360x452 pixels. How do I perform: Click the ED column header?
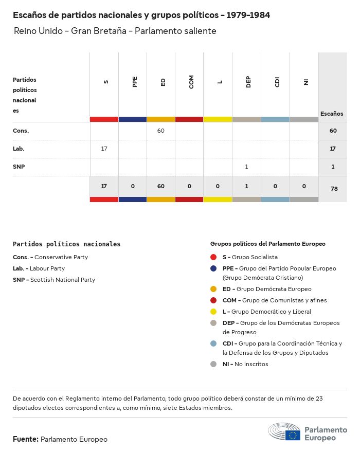point(163,82)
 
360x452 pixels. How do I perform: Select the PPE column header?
point(135,82)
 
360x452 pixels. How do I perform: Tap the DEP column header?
point(248,82)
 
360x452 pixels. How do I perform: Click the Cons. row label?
point(21,131)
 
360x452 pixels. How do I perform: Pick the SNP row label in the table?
point(19,167)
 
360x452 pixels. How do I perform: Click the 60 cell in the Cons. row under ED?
point(161,131)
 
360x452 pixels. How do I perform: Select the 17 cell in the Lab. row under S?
point(104,149)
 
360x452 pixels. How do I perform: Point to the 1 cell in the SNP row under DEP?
point(247,167)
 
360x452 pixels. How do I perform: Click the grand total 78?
point(334,189)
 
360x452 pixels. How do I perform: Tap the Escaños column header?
point(332,114)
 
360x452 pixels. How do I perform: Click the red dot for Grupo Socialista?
point(214,257)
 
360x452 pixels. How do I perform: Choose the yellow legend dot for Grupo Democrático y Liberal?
point(214,312)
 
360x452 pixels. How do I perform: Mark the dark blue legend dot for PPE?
point(214,268)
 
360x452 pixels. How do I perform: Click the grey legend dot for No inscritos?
point(214,364)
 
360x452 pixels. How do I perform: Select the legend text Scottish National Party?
point(63,280)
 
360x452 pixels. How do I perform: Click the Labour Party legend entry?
point(47,268)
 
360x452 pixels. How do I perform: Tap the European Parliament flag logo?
point(293,436)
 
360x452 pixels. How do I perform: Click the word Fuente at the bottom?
point(25,439)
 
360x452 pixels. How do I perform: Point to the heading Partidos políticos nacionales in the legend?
point(67,244)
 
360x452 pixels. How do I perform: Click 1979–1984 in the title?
point(248,15)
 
